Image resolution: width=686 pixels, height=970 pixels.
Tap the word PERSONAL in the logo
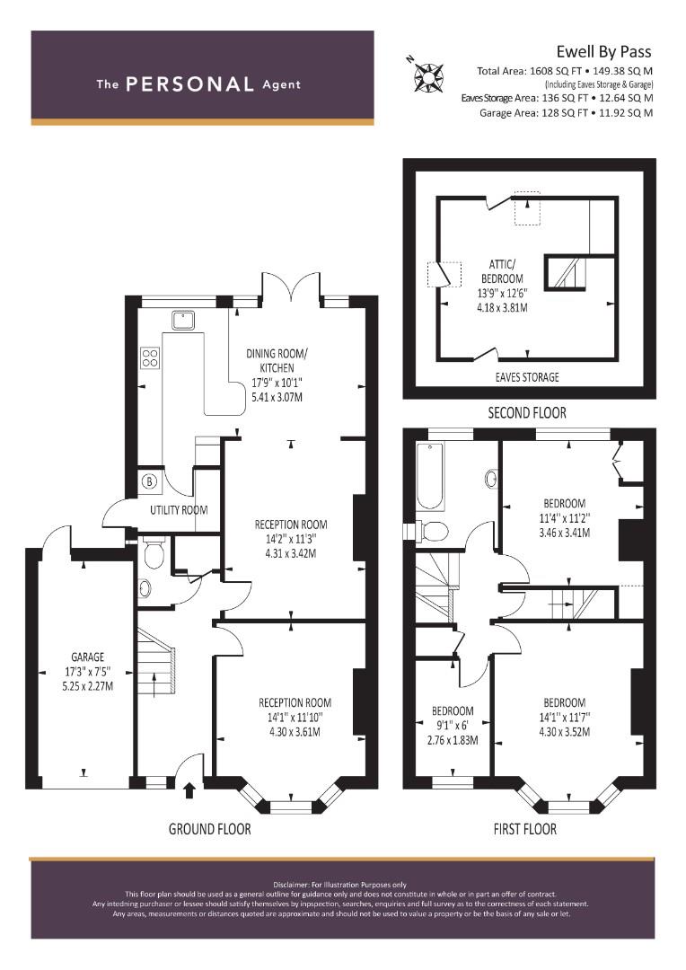tap(189, 84)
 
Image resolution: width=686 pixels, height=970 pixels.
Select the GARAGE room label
tap(88, 657)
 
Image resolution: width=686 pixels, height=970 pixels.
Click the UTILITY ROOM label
tap(179, 510)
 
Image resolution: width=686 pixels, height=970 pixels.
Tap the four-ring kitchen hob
tap(150, 358)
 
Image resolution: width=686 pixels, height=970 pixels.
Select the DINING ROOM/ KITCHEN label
tap(277, 361)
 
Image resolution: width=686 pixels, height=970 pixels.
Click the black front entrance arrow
tap(189, 790)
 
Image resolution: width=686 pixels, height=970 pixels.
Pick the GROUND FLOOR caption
tap(210, 829)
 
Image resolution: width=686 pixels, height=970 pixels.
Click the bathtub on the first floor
tap(430, 477)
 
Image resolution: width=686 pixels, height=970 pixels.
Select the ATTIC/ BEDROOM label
tap(502, 271)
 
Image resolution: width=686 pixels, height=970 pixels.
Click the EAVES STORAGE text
tap(527, 377)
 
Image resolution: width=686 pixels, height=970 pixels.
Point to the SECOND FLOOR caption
tap(527, 412)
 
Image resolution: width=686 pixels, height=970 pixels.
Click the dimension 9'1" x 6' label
tap(453, 726)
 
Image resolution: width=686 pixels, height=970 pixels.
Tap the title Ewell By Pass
tap(603, 52)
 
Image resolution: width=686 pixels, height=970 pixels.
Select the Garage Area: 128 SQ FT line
tap(566, 112)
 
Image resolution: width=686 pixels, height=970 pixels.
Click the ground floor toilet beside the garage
tap(153, 552)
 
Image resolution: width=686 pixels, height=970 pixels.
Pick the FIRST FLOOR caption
tap(525, 829)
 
